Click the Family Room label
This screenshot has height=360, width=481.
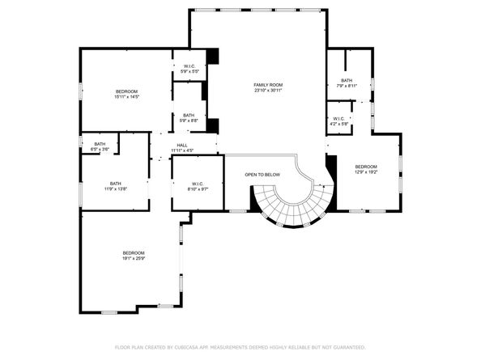tap(268, 85)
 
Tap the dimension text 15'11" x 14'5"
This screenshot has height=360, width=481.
tap(128, 96)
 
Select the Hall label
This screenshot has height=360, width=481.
tap(182, 146)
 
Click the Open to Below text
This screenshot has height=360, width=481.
tap(262, 175)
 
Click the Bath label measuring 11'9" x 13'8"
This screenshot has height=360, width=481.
tap(116, 184)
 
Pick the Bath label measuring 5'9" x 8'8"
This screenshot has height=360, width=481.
tap(188, 115)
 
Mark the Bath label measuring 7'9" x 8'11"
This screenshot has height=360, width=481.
tap(347, 80)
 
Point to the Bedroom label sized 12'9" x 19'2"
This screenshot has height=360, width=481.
tap(366, 167)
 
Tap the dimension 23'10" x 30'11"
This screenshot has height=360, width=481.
tap(268, 90)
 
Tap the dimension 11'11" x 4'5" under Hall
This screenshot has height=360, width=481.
tap(182, 150)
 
